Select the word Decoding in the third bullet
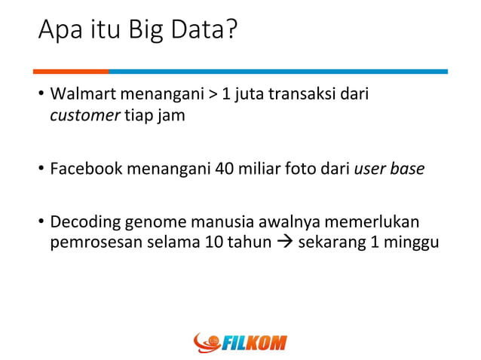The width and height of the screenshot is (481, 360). [x=81, y=224]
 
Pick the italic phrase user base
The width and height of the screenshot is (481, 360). [x=389, y=169]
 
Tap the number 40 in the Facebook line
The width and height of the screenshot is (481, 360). [x=224, y=169]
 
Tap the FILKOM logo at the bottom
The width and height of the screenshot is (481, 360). [x=240, y=343]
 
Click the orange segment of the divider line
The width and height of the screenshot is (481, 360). [x=71, y=72]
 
